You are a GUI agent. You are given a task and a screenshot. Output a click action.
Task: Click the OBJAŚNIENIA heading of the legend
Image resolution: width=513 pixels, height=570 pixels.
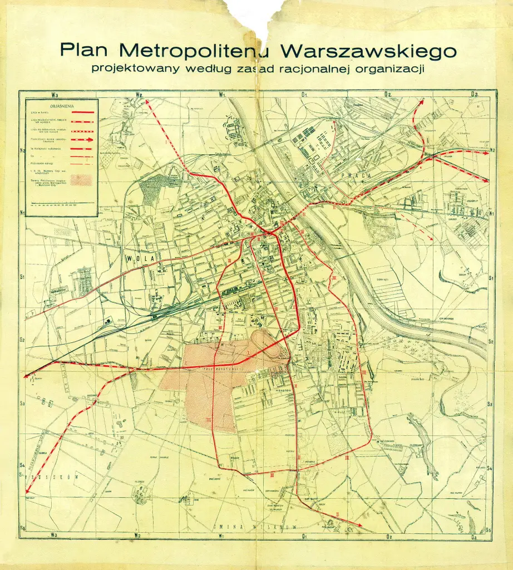pos(62,105)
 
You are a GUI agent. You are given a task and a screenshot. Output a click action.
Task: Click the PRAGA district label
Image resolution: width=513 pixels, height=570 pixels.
pos(346,173)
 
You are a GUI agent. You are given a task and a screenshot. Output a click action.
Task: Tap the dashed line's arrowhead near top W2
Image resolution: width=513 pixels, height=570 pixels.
pos(147,102)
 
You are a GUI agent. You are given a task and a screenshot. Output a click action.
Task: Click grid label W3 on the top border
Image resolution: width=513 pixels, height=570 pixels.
pos(54,95)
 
